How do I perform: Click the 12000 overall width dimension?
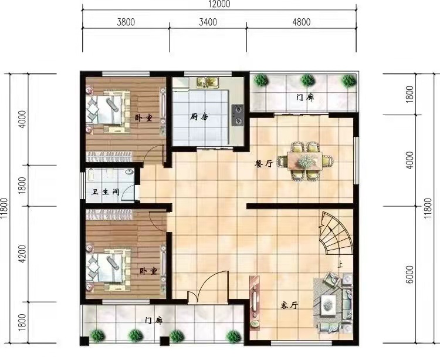pos(219,4)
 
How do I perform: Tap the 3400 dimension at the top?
pos(208,22)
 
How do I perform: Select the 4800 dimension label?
pos(302,22)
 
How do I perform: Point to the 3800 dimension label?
pos(126,22)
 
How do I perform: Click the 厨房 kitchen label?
pos(199,116)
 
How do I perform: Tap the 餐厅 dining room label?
pos(263,163)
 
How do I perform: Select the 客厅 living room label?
pos(289,305)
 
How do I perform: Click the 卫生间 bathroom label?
pos(106,192)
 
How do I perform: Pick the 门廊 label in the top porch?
pos(305,97)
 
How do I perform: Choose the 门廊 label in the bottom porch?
pos(154,321)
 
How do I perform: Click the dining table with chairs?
pos(304,161)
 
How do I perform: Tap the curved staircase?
pos(337,233)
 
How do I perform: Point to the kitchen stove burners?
pos(238,115)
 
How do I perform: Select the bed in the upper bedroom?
pos(108,109)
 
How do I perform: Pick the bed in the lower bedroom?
pos(108,267)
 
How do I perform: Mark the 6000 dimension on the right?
pos(409,274)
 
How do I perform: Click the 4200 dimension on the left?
pos(22,254)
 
